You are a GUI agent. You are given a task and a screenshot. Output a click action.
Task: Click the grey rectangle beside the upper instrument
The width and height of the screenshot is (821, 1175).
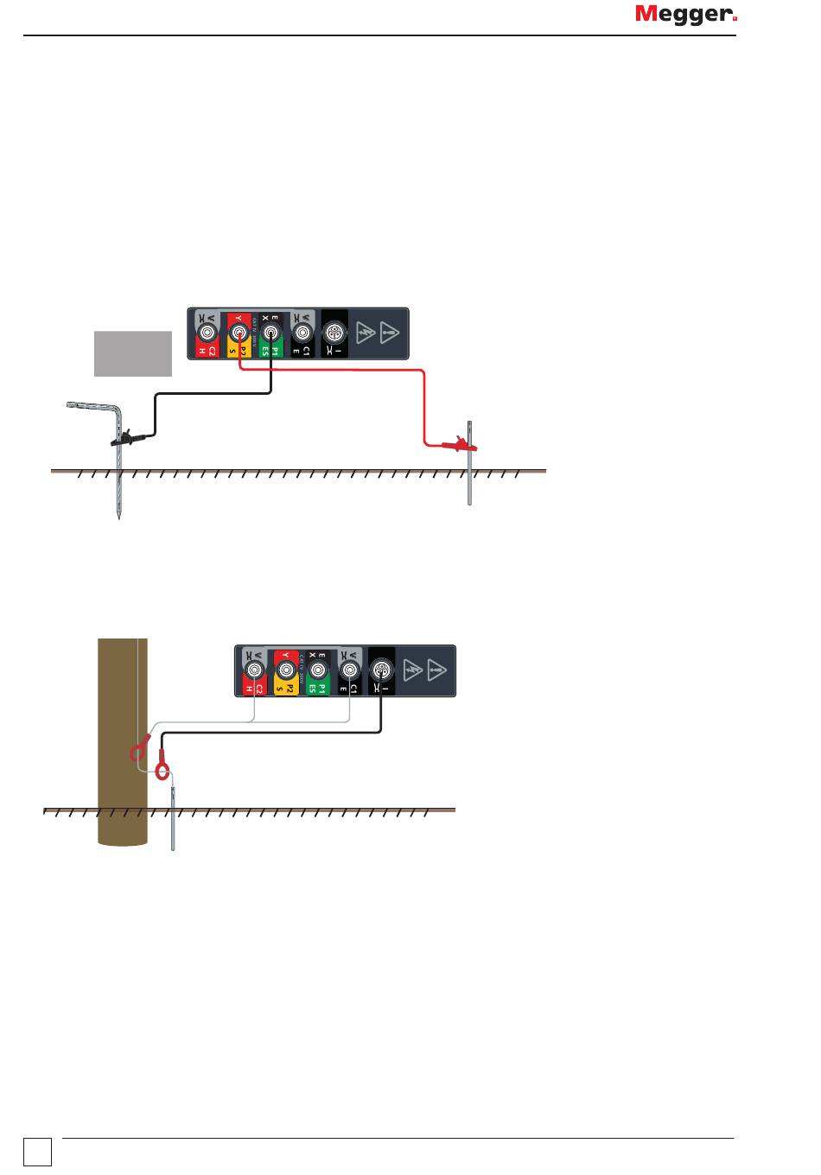(132, 352)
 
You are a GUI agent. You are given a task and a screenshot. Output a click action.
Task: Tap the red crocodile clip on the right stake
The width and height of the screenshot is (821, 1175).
(459, 446)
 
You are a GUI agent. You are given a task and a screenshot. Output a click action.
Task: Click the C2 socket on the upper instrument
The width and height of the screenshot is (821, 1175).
(207, 331)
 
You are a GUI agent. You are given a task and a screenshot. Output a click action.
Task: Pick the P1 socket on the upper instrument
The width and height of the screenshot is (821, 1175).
(271, 331)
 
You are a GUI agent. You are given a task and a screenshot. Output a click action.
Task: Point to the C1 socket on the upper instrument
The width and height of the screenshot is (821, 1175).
(302, 331)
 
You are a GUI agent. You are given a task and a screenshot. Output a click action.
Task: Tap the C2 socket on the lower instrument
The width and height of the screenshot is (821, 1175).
(254, 669)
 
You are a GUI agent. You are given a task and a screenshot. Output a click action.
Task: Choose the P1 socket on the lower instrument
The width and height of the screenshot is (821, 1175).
(318, 669)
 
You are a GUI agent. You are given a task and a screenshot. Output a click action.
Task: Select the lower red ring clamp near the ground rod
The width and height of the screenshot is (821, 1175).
(162, 767)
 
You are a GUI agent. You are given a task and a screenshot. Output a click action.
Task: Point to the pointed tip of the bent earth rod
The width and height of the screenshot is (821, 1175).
(118, 518)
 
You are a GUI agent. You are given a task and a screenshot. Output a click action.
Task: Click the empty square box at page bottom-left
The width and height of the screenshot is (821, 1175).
(38, 1152)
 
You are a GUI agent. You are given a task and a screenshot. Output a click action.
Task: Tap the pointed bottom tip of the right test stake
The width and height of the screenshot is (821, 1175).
(469, 503)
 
